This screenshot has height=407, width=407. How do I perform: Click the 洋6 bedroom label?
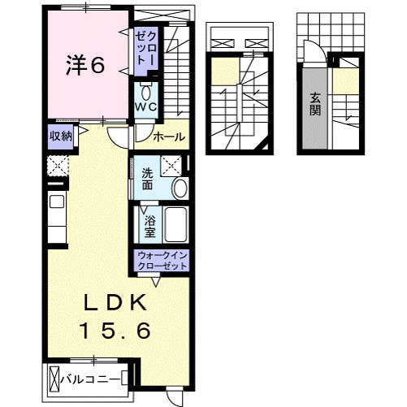(x=85, y=66)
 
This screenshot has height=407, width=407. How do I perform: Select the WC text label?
(x=146, y=106)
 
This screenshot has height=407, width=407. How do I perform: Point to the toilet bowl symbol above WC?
(x=146, y=89)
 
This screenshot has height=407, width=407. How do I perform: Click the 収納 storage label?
(x=61, y=136)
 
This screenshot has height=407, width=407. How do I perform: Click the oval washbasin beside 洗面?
(x=180, y=188)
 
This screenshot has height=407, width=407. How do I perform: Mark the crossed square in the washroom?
(x=171, y=165)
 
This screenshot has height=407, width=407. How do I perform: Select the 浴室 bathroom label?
(x=150, y=226)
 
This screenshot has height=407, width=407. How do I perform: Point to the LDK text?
(x=117, y=303)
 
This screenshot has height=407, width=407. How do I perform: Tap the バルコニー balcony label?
(x=92, y=379)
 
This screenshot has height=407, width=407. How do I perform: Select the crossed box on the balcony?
(x=55, y=379)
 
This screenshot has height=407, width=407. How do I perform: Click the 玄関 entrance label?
(x=314, y=105)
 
